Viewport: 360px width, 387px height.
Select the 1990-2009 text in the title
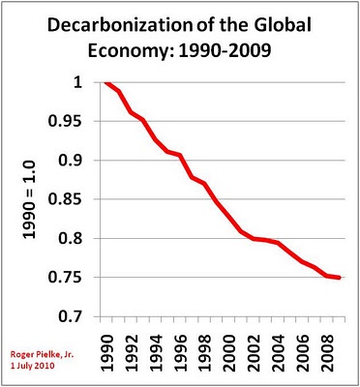tap(225, 50)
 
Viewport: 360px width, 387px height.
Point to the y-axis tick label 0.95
tap(69, 121)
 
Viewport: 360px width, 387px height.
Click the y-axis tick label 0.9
tap(74, 161)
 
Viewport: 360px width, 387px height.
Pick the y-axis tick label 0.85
tap(69, 199)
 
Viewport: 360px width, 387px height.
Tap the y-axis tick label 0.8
tap(74, 239)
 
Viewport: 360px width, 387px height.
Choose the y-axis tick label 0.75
tap(69, 278)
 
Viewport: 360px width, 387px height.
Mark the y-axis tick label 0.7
tap(74, 316)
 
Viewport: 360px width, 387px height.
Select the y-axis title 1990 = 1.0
tap(29, 199)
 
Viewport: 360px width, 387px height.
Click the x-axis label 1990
tap(106, 353)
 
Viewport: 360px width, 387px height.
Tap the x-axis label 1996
tap(180, 353)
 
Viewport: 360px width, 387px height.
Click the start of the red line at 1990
tap(106, 82)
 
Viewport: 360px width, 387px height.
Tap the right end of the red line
tap(339, 278)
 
